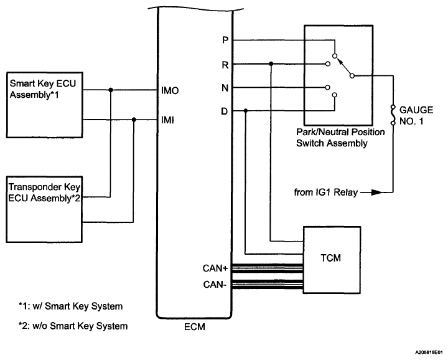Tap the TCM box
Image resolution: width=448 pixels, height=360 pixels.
pyautogui.click(x=331, y=258)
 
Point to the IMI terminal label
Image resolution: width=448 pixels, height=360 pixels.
pyautogui.click(x=167, y=120)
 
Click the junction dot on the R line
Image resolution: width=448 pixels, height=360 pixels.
pyautogui.click(x=271, y=64)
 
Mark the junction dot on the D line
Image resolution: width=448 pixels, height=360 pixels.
pyautogui.click(x=246, y=111)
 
